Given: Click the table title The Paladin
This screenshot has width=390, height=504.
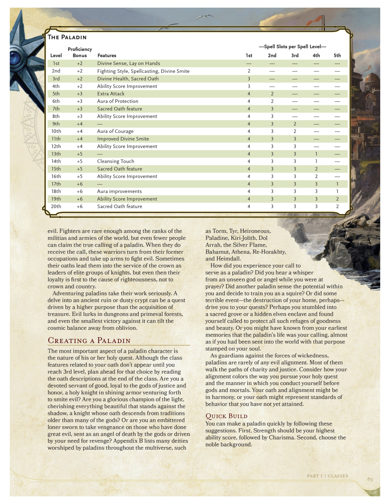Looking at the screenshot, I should click(x=67, y=37).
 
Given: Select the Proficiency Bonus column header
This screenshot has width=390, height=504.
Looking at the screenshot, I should click(x=80, y=52).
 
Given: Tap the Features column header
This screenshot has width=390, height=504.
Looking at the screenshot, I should click(x=107, y=56).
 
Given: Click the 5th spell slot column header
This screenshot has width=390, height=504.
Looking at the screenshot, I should click(x=337, y=56).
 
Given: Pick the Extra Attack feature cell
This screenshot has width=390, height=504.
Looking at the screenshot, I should click(x=111, y=94).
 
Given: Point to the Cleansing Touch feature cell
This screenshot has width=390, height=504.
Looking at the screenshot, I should click(x=116, y=161).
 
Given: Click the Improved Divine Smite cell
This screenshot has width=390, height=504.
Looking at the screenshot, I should click(x=123, y=139).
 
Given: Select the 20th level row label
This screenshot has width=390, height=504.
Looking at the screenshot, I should click(x=56, y=206).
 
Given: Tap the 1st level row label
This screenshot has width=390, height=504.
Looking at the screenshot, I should click(x=56, y=64).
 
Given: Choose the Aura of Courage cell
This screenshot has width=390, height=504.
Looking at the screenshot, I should click(x=115, y=131).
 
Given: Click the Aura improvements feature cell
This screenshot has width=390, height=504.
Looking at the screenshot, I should click(x=119, y=192).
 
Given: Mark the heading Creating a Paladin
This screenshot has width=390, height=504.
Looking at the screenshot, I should click(x=89, y=341).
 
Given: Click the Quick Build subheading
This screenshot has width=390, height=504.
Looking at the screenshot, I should click(x=226, y=416).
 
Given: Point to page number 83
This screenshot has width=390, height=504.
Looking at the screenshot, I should click(x=370, y=479).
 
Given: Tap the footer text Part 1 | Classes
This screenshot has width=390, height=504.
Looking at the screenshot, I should click(x=327, y=476).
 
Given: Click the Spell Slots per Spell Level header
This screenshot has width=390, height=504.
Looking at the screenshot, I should click(x=292, y=47).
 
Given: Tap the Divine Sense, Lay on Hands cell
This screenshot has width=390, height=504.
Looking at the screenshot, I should click(x=128, y=64).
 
